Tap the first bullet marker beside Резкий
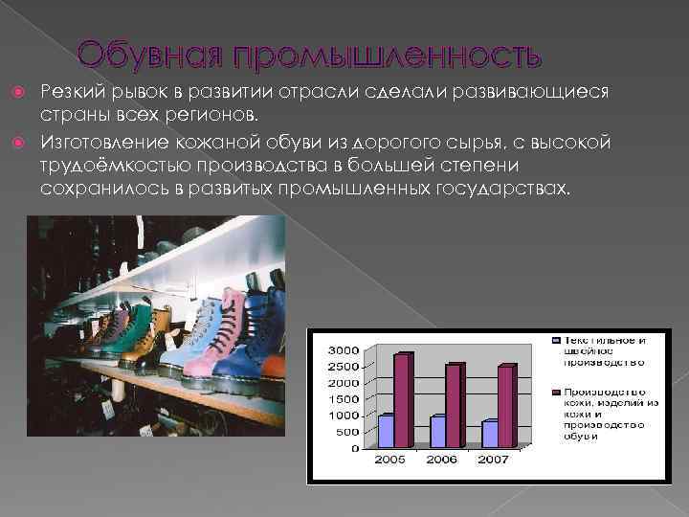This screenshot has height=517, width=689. point(28,92)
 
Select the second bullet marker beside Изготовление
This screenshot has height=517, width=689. point(28,142)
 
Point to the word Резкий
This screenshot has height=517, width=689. point(71,92)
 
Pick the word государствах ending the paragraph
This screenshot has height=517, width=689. point(510,189)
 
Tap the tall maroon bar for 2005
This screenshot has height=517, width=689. point(400,400)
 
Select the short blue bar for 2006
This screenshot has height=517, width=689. point(438,431)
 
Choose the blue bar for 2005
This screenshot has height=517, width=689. point(386,431)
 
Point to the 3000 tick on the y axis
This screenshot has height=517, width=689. point(344,350)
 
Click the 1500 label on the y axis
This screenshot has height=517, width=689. point(344,399)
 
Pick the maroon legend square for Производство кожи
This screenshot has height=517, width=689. point(554,393)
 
